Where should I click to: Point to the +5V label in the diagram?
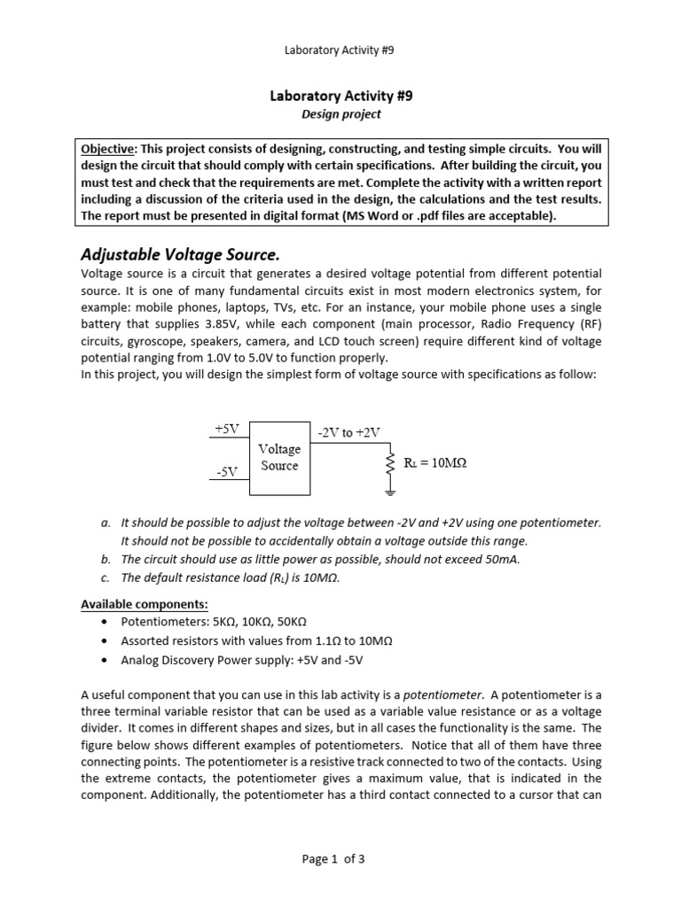tap(227, 429)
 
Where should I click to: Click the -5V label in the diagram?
tap(227, 471)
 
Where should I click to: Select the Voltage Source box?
tap(279, 458)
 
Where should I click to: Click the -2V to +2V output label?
tap(348, 432)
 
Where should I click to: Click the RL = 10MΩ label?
tap(435, 462)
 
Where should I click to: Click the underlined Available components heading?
tap(145, 604)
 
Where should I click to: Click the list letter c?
tap(105, 578)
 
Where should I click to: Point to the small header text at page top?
tap(339, 50)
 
